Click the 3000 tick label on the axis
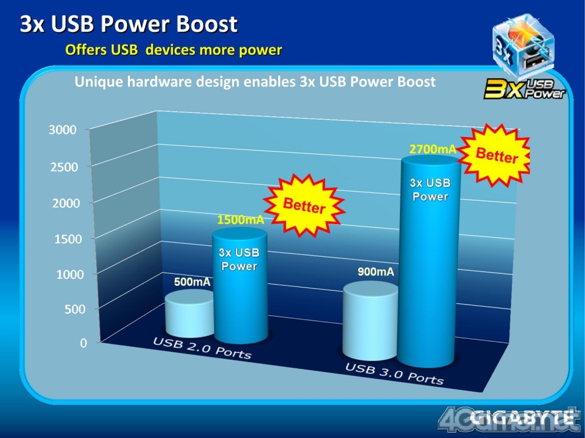(x=62, y=130)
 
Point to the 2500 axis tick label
(x=64, y=167)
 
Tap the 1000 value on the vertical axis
(x=70, y=274)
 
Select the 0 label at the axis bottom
(x=83, y=343)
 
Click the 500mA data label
(x=192, y=282)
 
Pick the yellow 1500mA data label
(x=241, y=220)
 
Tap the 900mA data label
(x=376, y=272)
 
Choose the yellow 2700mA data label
(x=433, y=149)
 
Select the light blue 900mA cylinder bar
(x=370, y=321)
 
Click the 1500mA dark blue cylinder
(x=240, y=286)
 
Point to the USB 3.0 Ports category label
(x=394, y=374)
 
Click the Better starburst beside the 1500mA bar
(x=304, y=205)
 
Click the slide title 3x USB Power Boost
(x=129, y=24)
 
